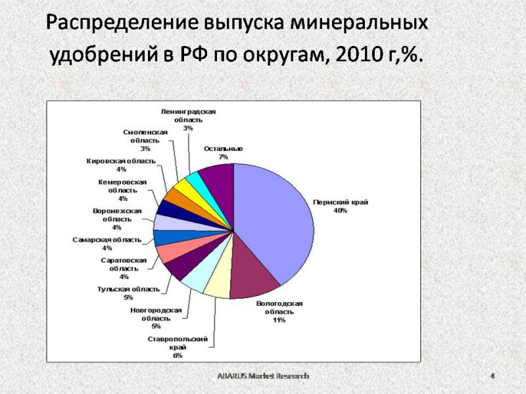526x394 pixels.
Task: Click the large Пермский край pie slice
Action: point(275,221)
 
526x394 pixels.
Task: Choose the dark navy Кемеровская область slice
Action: point(167,208)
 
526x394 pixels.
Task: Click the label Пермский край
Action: point(341,202)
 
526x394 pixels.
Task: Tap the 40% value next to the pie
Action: point(340,211)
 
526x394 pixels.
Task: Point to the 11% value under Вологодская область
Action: point(279,320)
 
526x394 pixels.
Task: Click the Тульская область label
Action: point(128,289)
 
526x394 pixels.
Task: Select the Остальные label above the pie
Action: point(223,149)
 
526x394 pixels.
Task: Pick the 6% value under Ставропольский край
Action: point(178,355)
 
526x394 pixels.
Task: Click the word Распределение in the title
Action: point(122,23)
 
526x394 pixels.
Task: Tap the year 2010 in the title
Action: point(355,54)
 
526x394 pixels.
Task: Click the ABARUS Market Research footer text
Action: point(263,376)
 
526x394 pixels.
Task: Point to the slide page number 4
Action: point(492,376)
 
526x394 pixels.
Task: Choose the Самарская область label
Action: point(107,240)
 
